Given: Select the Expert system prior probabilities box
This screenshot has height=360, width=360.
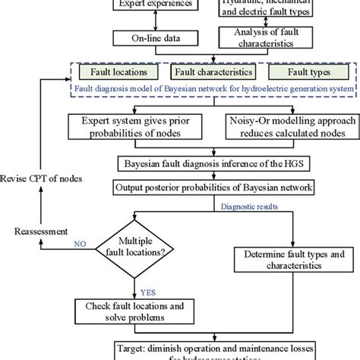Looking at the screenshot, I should [141, 127].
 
